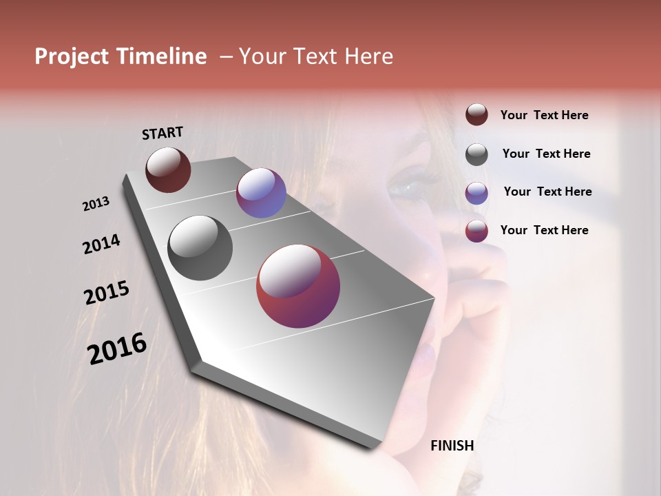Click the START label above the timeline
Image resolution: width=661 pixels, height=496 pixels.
click(x=162, y=133)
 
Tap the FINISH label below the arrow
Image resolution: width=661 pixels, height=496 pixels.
click(x=452, y=446)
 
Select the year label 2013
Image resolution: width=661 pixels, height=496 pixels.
click(x=96, y=204)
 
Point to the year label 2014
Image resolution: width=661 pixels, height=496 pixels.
click(x=101, y=245)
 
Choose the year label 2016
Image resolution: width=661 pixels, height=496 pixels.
click(x=117, y=349)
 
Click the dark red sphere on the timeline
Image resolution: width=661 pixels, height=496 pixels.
click(x=168, y=169)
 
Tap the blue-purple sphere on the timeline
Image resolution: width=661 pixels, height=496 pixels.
click(x=261, y=193)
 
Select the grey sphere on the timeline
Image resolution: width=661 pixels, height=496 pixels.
click(x=200, y=248)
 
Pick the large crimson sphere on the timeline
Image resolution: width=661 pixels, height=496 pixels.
click(x=298, y=286)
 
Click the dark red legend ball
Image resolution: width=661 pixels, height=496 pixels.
click(x=476, y=115)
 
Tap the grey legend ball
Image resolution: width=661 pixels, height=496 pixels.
click(x=476, y=154)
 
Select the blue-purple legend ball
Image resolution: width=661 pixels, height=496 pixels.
click(x=476, y=193)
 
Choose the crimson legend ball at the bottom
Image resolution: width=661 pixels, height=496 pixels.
click(x=476, y=231)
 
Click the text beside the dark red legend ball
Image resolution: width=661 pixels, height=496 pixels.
click(x=544, y=115)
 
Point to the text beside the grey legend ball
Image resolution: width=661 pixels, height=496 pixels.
click(x=546, y=154)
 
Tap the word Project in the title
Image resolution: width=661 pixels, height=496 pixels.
click(x=72, y=56)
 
